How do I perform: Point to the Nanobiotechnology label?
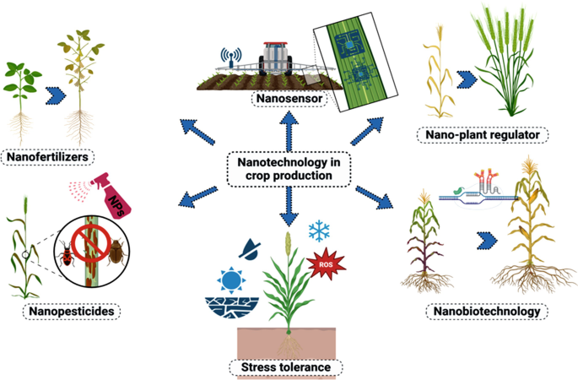[x=486, y=312]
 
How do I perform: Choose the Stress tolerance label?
[x=286, y=367]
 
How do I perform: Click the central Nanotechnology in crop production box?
[x=289, y=168]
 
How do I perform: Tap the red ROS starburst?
[x=327, y=265]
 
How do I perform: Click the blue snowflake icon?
[x=319, y=231]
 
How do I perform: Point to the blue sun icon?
[x=230, y=279]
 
